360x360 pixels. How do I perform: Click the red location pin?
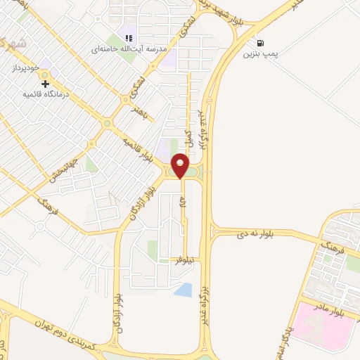tap(181, 165)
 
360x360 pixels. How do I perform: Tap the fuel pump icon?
tap(262, 42)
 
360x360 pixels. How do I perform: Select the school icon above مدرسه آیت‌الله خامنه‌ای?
tap(128, 38)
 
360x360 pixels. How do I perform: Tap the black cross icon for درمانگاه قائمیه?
tap(46, 84)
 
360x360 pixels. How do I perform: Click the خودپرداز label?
tap(27, 69)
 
